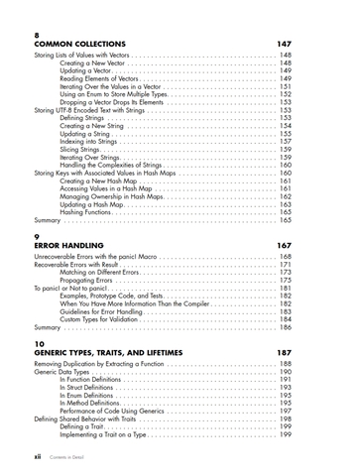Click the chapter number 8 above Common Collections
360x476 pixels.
(x=37, y=36)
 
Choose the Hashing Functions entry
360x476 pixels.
(x=90, y=211)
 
